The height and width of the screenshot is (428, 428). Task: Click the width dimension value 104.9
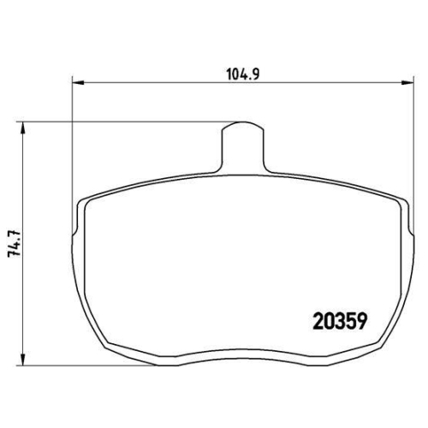243,74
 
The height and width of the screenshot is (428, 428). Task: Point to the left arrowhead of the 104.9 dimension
74,83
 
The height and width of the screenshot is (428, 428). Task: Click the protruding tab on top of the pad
242,146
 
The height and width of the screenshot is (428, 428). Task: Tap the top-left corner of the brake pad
83,199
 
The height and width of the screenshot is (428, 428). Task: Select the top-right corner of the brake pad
401,199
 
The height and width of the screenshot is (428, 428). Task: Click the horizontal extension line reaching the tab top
128,122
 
